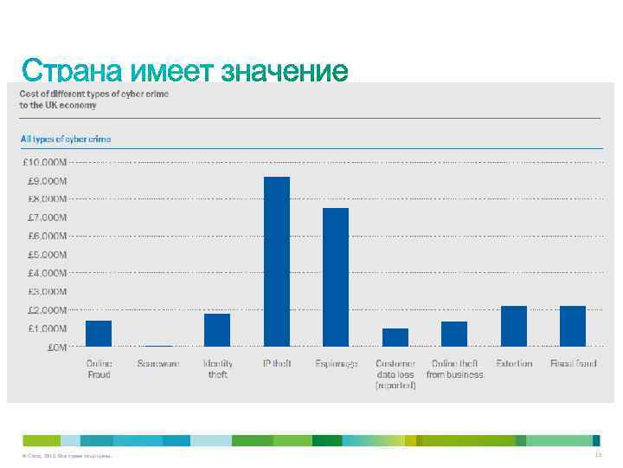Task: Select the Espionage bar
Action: pos(336,277)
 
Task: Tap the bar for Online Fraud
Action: pos(99,334)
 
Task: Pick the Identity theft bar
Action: pos(217,330)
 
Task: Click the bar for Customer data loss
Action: pos(395,337)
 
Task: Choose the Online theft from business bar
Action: pos(454,334)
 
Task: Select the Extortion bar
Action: pos(514,326)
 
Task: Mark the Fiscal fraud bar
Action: pos(573,326)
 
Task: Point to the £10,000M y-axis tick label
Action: pos(44,162)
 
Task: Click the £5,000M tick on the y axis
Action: pos(44,255)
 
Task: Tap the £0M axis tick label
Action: pos(57,348)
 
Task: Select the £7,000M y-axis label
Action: pos(44,218)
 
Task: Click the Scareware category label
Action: pos(158,364)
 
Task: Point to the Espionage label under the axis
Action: pos(337,364)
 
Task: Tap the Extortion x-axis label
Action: pos(514,364)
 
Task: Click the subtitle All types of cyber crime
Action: pos(66,139)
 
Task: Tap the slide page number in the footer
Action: pos(598,455)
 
